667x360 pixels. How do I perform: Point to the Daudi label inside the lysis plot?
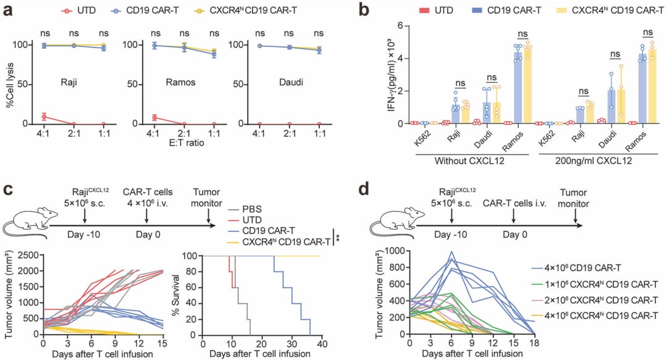point(275,82)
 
